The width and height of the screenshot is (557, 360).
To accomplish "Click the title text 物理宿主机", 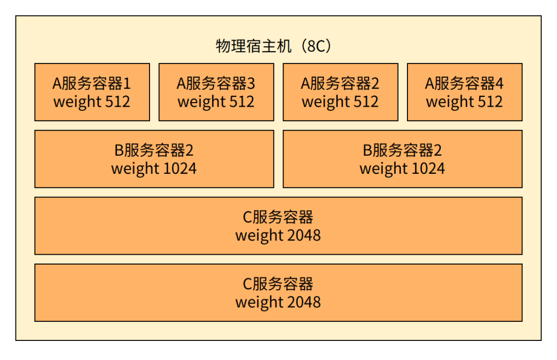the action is tap(254, 46).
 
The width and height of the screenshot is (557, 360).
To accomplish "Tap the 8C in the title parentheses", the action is tap(316, 46).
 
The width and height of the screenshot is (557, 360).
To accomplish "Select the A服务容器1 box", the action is tap(92, 92).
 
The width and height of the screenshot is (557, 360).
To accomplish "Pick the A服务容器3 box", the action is tap(216, 92).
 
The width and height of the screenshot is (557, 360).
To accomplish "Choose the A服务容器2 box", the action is tap(340, 92).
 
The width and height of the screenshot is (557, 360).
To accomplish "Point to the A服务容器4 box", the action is tap(465, 92).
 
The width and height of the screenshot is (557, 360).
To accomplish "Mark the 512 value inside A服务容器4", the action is tap(490, 102).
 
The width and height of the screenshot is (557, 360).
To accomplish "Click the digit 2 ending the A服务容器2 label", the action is tap(375, 84).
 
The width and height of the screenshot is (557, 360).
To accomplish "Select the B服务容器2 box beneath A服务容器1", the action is tap(154, 159).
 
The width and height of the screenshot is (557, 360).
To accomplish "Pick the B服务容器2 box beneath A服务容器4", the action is tap(402, 159).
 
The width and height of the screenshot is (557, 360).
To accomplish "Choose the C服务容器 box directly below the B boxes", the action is tap(278, 226).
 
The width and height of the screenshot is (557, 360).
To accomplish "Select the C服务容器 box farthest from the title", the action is tap(278, 292).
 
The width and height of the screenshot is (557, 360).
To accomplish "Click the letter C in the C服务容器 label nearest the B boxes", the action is tap(248, 217).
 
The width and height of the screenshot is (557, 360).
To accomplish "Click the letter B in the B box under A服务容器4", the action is tap(367, 150).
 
